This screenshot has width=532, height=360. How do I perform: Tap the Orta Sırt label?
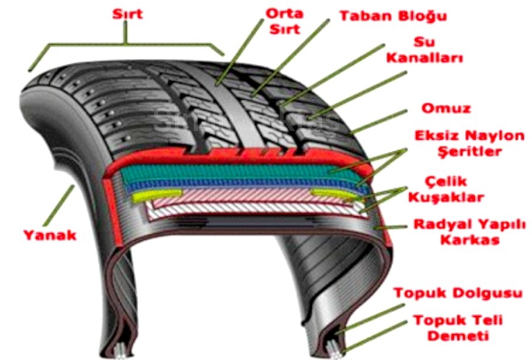(x=285, y=21)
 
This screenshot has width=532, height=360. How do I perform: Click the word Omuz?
(x=445, y=109)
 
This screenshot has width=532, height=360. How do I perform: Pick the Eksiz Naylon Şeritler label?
(x=461, y=144)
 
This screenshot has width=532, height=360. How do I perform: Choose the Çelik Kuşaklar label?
(x=447, y=189)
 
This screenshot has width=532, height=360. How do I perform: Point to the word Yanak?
(x=50, y=235)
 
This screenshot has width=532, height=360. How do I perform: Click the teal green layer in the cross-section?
(x=234, y=171)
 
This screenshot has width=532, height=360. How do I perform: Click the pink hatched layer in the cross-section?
(x=246, y=199)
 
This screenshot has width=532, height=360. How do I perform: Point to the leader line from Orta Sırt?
(x=240, y=53)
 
